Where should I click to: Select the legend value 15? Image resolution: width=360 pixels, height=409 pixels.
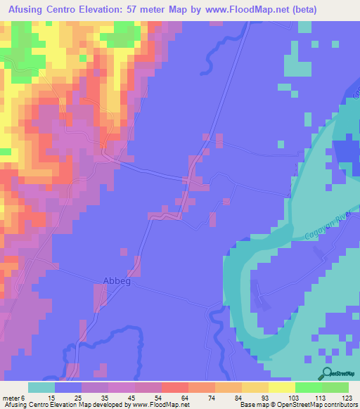[51, 398]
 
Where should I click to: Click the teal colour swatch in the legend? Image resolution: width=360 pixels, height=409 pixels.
[41, 387]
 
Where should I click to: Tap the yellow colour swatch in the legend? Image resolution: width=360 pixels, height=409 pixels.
[255, 387]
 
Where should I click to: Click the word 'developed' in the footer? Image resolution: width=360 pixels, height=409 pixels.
[107, 405]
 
